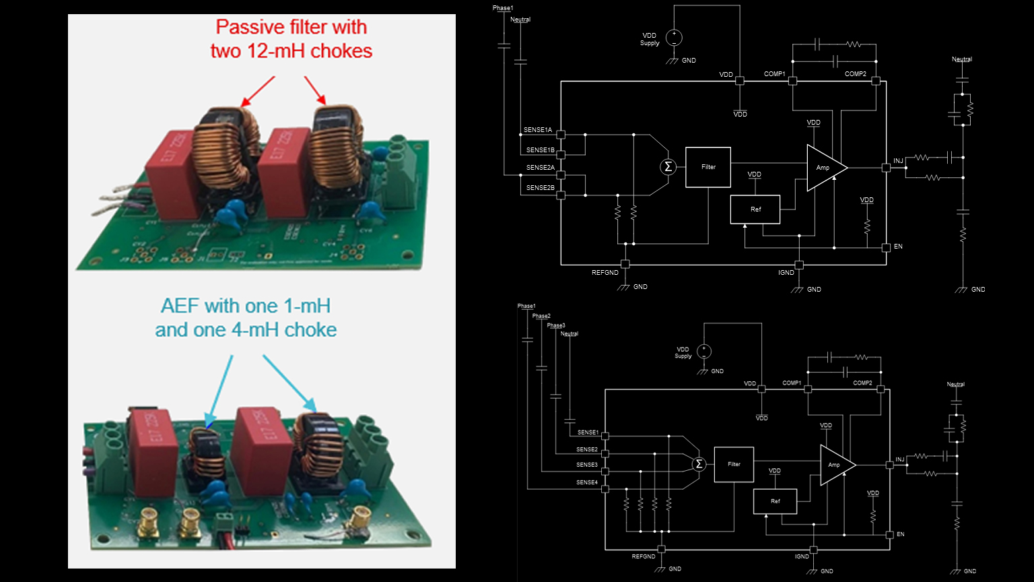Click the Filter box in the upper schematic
coord(708,167)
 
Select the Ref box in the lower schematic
coord(775,501)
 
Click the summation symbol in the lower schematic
coord(699,463)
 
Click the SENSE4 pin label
coord(586,482)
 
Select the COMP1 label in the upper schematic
coord(774,74)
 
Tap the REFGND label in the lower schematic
coord(643,556)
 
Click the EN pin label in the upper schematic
coord(898,247)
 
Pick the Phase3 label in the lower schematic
coord(555,325)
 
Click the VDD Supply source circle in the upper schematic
coord(673,38)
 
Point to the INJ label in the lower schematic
coord(900,459)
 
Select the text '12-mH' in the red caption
coord(279,51)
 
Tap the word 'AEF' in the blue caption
coord(180,306)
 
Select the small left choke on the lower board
coord(205,451)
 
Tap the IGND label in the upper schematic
coord(786,273)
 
